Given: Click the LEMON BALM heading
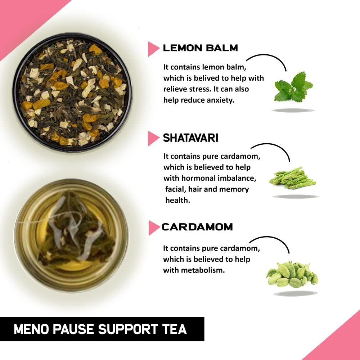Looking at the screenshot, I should [200, 48].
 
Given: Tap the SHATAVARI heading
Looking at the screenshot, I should [190, 138].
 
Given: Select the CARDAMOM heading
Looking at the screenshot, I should [197, 227].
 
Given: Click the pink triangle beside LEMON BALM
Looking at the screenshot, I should [153, 49].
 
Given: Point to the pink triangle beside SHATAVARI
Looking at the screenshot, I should [153, 138].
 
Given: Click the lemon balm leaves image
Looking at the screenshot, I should [293, 87].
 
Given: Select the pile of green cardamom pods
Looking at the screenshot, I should [292, 275].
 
